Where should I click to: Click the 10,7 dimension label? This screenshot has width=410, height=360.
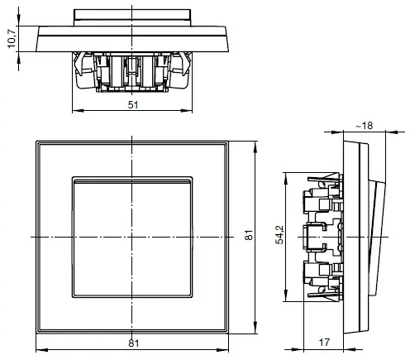[11, 39]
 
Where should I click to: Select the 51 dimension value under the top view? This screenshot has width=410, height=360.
[134, 104]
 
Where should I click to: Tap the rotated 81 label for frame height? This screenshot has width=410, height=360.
[248, 237]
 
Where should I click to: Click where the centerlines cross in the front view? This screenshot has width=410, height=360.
[133, 237]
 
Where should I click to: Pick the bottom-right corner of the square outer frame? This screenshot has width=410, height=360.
[231, 334]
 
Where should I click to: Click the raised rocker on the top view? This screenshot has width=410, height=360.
[133, 15]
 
